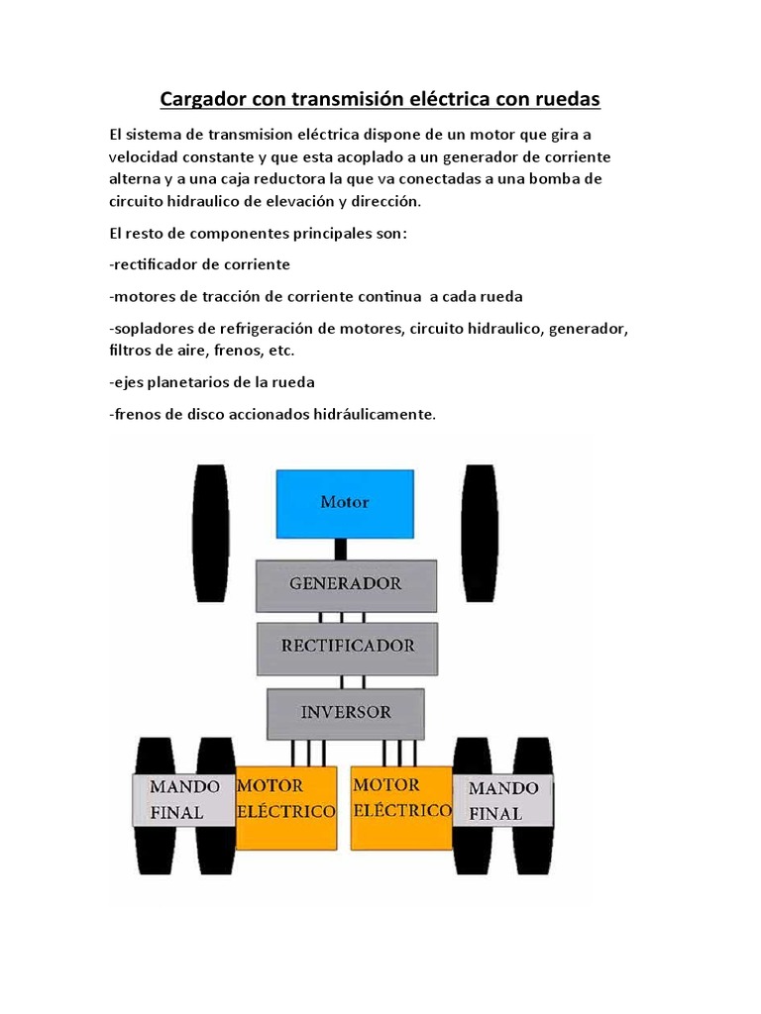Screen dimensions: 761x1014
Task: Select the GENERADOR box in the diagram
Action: coord(345,584)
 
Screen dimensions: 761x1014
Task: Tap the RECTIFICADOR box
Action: coord(346,646)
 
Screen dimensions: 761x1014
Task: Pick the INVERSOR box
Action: coord(346,712)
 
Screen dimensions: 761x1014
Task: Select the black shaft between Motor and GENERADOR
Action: coord(340,548)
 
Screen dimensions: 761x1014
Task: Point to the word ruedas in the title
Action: coord(565,100)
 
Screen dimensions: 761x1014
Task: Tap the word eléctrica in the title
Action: coord(426,100)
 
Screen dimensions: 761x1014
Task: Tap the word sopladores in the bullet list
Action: coord(153,328)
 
